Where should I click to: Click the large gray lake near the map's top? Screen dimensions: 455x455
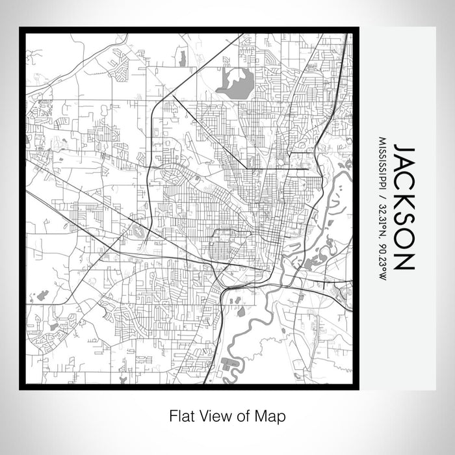point(235,83)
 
